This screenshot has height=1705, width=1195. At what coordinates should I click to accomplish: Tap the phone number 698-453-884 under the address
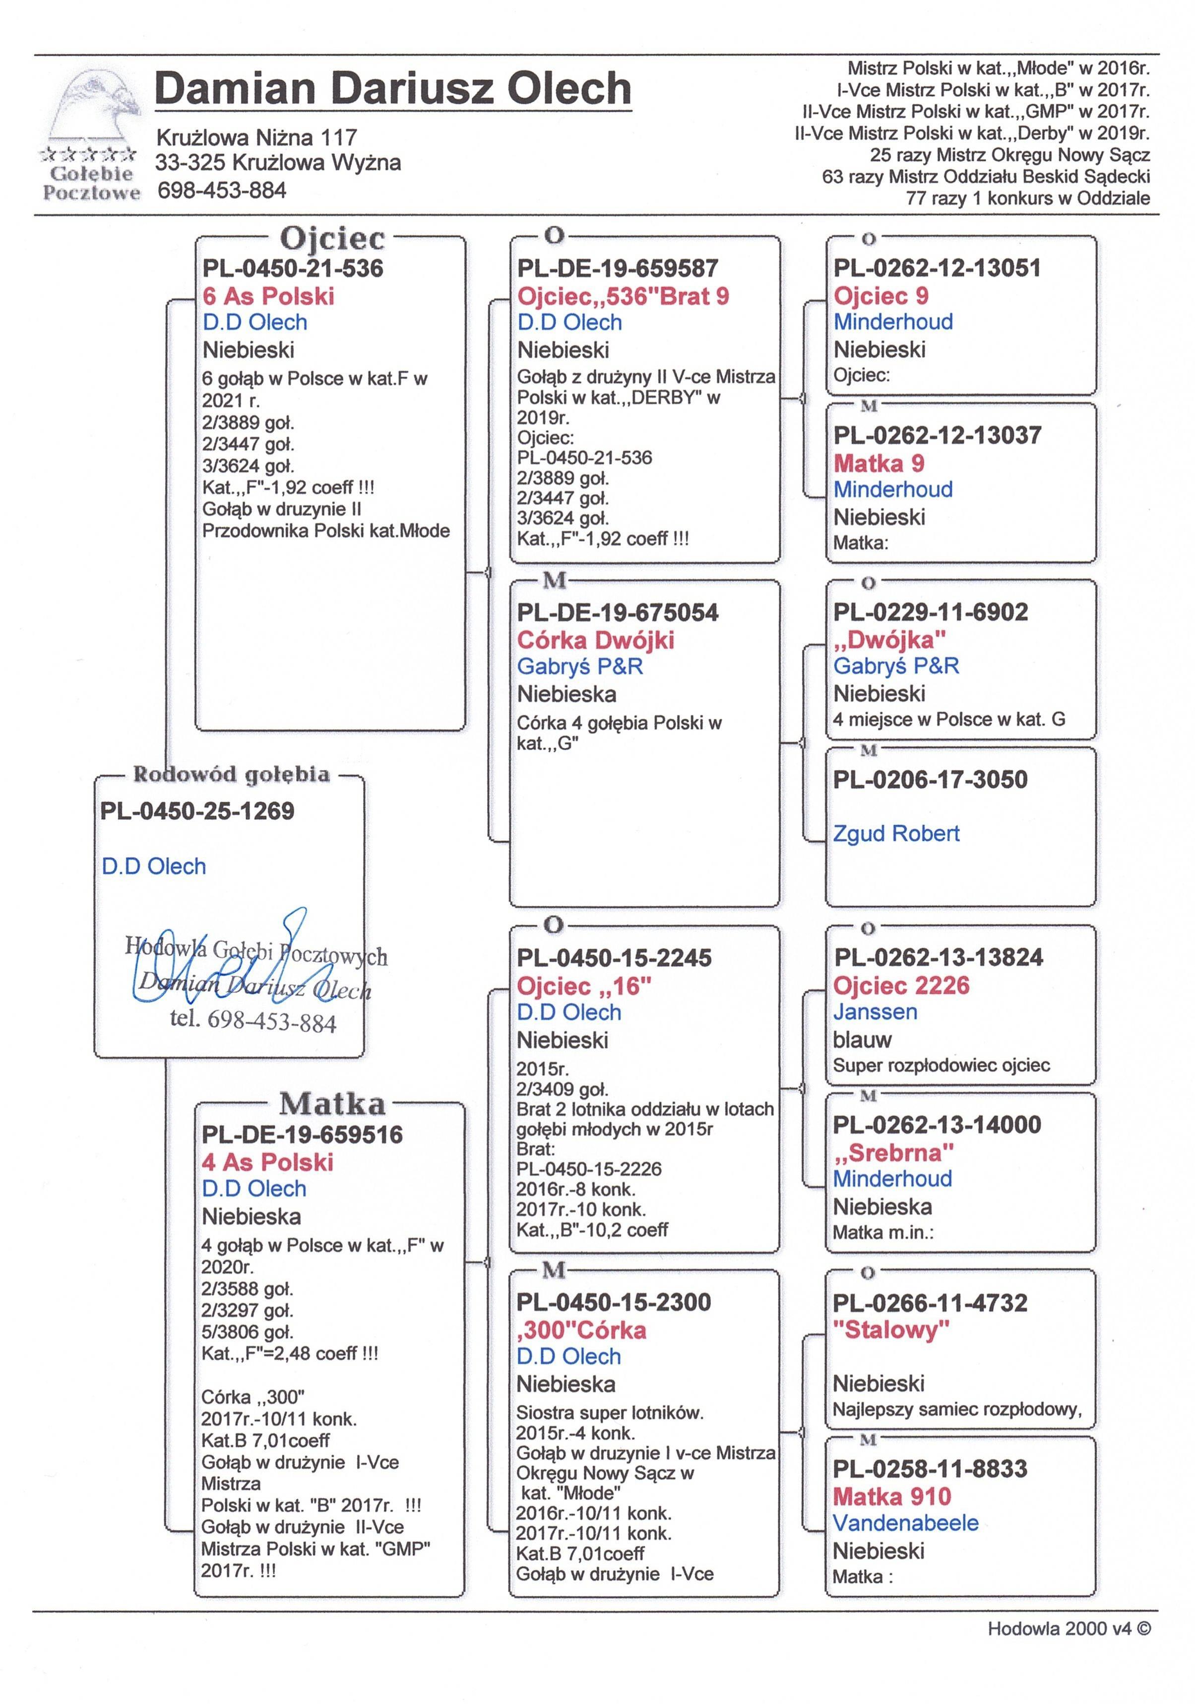point(222,191)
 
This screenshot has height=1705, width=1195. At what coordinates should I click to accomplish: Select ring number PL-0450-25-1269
point(197,811)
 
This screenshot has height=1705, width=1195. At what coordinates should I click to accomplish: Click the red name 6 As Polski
point(269,296)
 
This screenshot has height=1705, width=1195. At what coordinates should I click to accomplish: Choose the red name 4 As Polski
point(268,1162)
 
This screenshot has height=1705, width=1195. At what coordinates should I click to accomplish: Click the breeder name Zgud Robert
point(896,833)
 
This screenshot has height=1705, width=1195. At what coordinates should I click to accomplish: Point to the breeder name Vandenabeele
point(905,1523)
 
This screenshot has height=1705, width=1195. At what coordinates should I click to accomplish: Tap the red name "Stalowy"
point(891,1329)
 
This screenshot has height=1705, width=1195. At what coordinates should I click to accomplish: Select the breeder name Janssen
point(875,1012)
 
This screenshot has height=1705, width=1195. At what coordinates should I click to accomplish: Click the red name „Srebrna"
point(893,1153)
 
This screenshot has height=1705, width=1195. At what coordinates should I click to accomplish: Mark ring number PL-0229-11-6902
point(931,612)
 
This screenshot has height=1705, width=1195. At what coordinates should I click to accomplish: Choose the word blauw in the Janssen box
point(862,1040)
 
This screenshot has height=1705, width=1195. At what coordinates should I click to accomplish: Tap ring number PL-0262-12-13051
point(937,268)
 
